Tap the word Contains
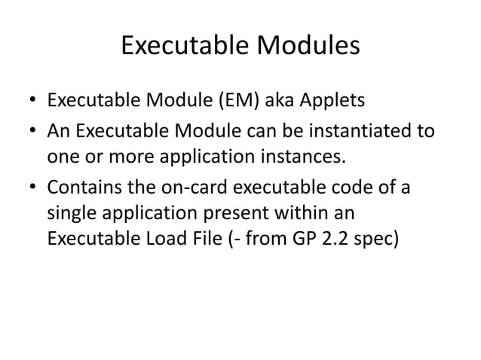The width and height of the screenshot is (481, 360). [x=83, y=185]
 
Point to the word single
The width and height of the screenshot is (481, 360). [x=71, y=212]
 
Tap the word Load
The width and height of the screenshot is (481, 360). [x=170, y=238]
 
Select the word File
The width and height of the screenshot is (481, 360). [x=217, y=238]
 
